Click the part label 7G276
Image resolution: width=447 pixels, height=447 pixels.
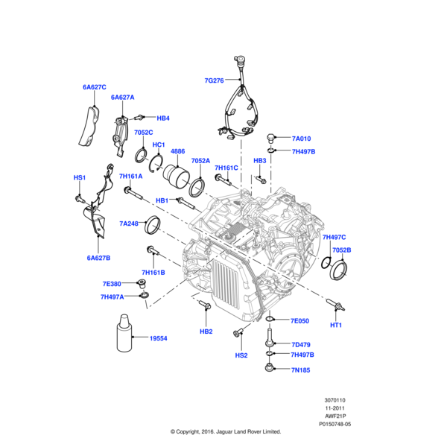214,80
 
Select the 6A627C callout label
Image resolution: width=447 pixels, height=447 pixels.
94,87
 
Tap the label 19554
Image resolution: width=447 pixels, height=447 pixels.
158,338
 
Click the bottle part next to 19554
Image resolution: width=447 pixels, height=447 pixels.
124,335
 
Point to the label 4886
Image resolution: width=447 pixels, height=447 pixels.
179,151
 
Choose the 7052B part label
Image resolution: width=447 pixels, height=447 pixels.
341,250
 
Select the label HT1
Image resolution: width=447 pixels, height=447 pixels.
336,325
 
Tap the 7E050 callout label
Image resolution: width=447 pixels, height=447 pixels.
299,321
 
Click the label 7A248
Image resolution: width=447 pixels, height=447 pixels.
129,223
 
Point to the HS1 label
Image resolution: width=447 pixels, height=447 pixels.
79,178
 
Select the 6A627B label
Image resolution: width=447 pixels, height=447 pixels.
98,258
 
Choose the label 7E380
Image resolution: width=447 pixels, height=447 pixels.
111,284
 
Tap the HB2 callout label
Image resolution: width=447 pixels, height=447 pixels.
206,332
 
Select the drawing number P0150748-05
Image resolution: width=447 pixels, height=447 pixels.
338,422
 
